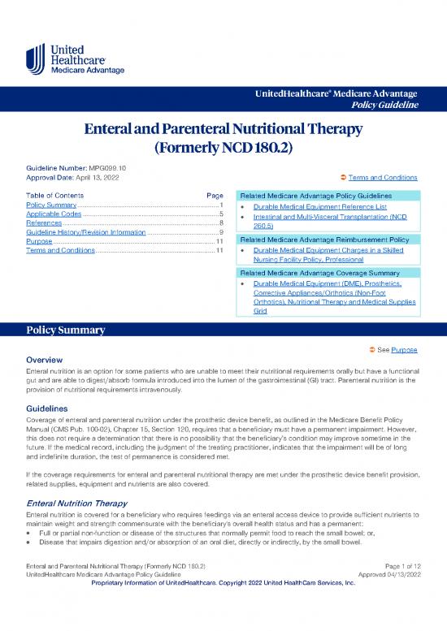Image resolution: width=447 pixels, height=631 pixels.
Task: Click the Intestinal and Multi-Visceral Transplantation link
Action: pos(329,218)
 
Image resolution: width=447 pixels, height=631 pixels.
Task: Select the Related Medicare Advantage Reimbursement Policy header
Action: pos(325,241)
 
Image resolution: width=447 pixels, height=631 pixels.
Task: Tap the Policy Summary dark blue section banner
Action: pos(223,331)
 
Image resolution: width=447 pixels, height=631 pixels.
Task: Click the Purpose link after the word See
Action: pos(404,349)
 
